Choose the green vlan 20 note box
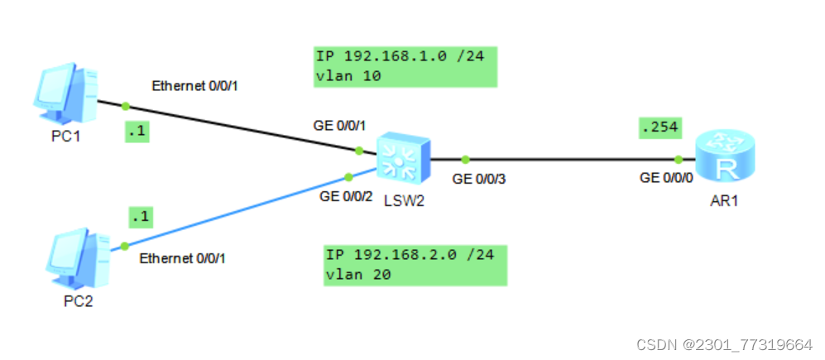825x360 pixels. (x=414, y=265)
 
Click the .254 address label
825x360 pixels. (x=659, y=127)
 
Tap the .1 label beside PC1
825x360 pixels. (x=137, y=131)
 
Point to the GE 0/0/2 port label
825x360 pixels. (x=347, y=197)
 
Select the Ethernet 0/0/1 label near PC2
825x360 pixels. (x=182, y=258)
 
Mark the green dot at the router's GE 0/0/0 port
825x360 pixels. (x=679, y=159)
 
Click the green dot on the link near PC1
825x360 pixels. (x=126, y=106)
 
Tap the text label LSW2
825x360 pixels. (x=404, y=201)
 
